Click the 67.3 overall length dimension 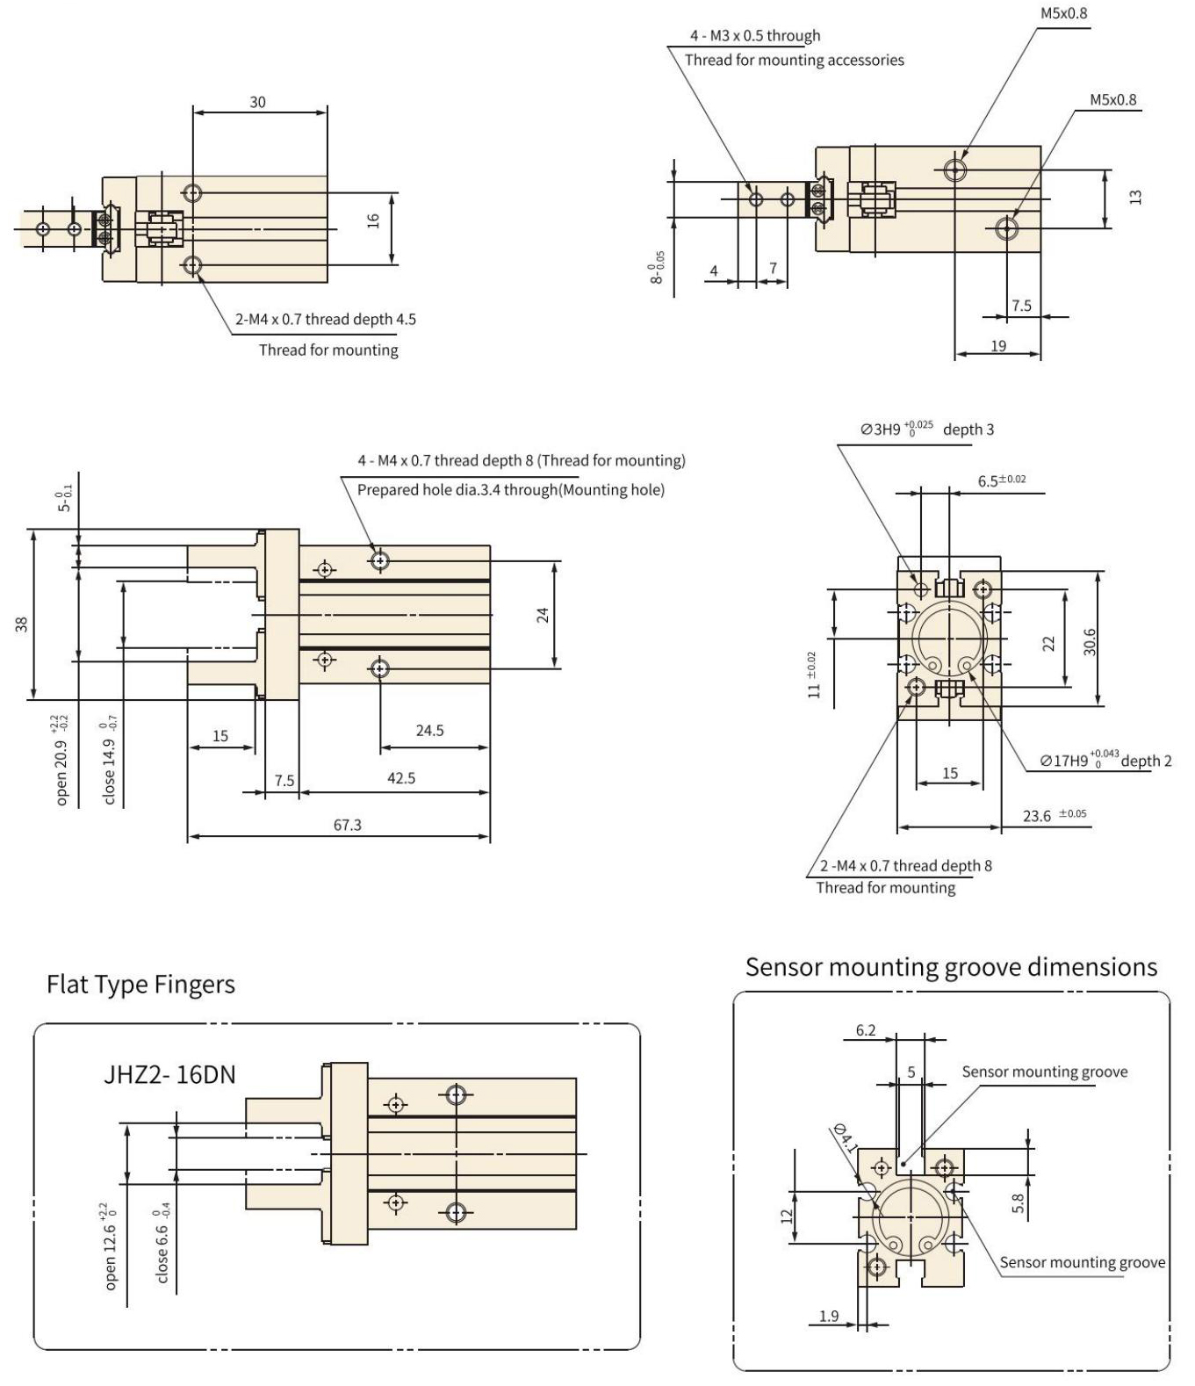[x=347, y=825]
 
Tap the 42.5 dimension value [x=401, y=778]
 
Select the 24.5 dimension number [x=429, y=731]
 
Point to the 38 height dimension [x=22, y=624]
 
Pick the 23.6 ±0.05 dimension [x=1054, y=816]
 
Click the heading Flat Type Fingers [x=140, y=985]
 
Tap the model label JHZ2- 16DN [x=169, y=1074]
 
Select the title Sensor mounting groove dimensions [x=951, y=967]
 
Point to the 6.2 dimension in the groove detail [x=866, y=1030]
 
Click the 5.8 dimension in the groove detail [x=1018, y=1202]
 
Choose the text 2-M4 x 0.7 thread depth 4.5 [x=326, y=319]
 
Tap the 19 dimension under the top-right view [x=998, y=346]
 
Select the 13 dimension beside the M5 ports [x=1136, y=197]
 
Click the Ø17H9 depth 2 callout [x=1105, y=760]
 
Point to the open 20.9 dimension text [x=61, y=760]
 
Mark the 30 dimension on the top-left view [x=257, y=102]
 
